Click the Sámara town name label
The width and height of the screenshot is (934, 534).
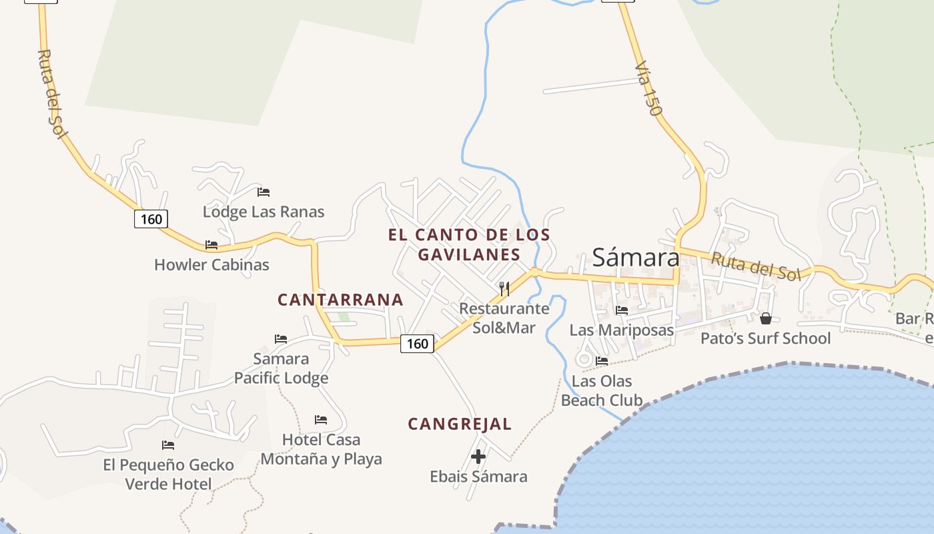635,257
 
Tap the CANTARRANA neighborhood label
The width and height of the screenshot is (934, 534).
340,300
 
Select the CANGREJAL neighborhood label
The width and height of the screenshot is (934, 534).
460,424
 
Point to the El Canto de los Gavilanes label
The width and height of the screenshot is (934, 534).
469,244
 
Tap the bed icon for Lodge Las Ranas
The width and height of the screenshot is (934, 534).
264,192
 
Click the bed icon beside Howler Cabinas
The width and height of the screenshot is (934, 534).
211,245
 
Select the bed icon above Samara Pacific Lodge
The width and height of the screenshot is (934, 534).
281,339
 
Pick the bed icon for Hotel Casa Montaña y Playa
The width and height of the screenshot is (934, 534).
321,420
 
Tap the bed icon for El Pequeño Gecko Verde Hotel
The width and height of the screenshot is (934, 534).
168,445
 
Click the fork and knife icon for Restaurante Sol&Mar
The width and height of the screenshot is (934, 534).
504,288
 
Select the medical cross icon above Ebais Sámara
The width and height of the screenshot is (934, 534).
478,457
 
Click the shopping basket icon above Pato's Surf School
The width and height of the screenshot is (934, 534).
766,318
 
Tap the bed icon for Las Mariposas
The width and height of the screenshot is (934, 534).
622,310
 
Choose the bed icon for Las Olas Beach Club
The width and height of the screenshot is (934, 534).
602,361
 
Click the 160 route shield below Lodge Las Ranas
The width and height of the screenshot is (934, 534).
151,219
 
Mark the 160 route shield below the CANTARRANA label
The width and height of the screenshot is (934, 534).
418,343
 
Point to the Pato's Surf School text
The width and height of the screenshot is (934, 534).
765,338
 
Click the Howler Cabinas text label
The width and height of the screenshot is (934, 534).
211,265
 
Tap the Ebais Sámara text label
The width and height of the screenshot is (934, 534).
478,477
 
